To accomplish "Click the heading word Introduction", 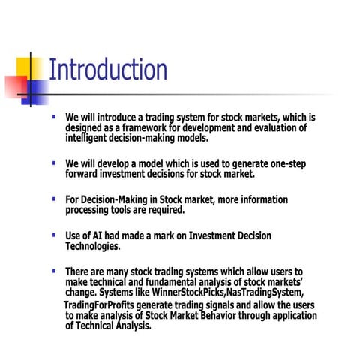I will coord(107,70).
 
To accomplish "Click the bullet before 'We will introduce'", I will coord(54,117).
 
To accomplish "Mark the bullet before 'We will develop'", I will coord(54,163).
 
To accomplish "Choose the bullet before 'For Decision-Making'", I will coord(54,199).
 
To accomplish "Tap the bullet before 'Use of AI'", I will coord(54,235).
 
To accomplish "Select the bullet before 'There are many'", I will coord(54,270).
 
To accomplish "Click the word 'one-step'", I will coord(285,163).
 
